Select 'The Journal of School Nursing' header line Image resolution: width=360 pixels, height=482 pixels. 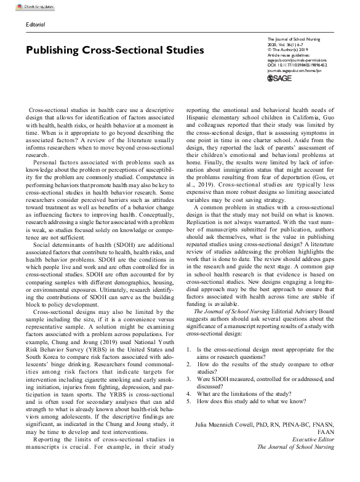tap(291, 37)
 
